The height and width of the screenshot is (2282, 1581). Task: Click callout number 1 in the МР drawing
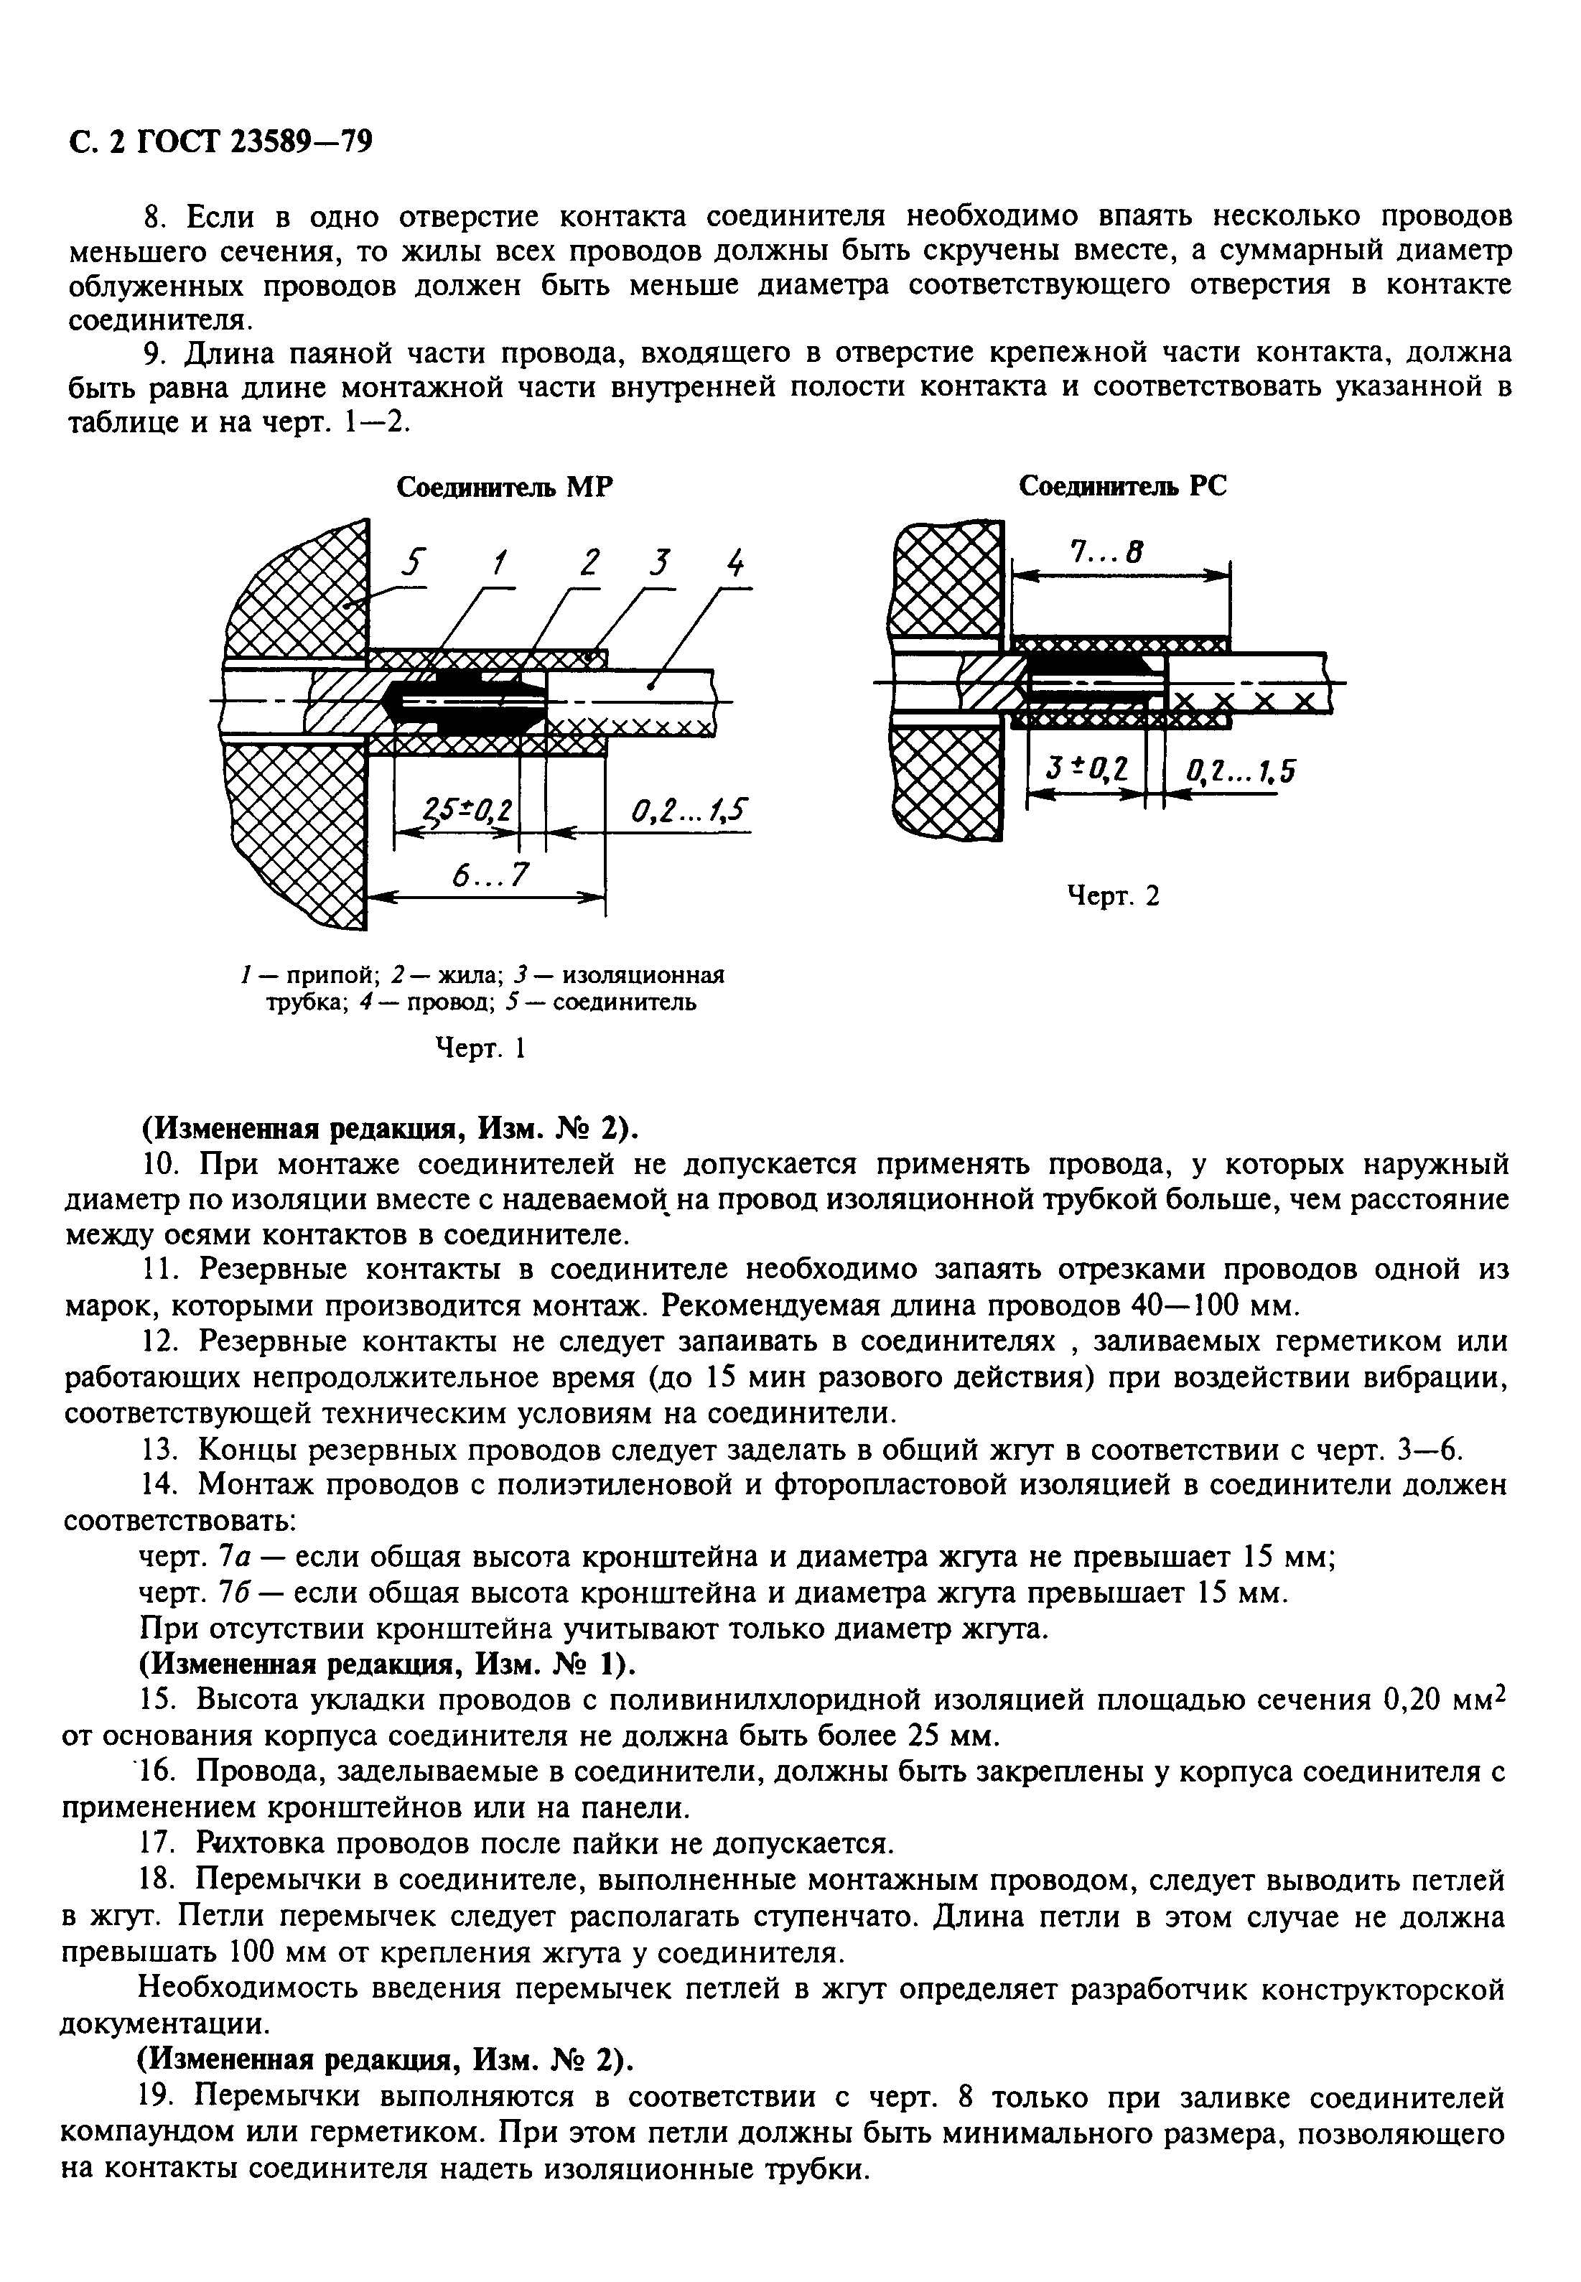(499, 562)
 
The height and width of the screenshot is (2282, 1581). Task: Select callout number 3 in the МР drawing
(658, 562)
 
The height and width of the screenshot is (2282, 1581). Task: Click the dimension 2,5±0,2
(465, 811)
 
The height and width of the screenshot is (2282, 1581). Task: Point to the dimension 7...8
(1108, 551)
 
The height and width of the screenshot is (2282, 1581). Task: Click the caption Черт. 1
(480, 1048)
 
